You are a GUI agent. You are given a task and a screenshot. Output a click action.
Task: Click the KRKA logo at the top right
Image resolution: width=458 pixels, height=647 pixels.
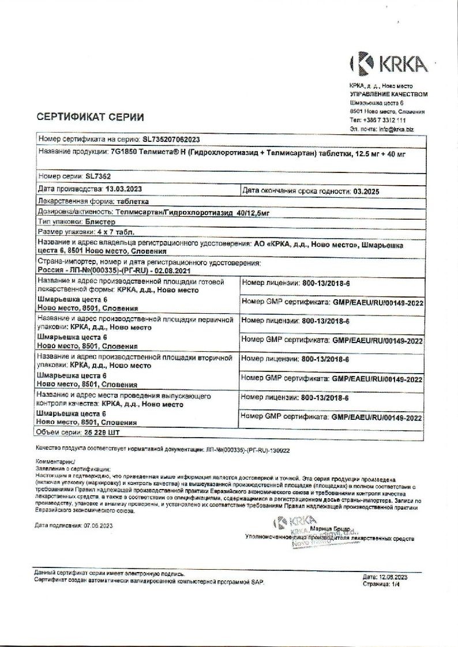tap(389, 63)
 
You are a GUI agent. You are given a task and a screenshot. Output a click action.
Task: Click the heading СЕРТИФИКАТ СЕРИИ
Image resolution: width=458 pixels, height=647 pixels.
tap(90, 117)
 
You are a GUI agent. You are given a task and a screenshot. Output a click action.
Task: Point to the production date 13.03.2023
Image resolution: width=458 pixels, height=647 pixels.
tap(123, 189)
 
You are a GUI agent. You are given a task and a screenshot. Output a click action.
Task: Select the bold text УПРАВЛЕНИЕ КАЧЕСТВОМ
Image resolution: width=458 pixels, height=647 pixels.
tap(389, 94)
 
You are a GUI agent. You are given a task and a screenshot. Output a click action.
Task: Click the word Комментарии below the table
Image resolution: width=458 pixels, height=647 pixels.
tap(55, 462)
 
